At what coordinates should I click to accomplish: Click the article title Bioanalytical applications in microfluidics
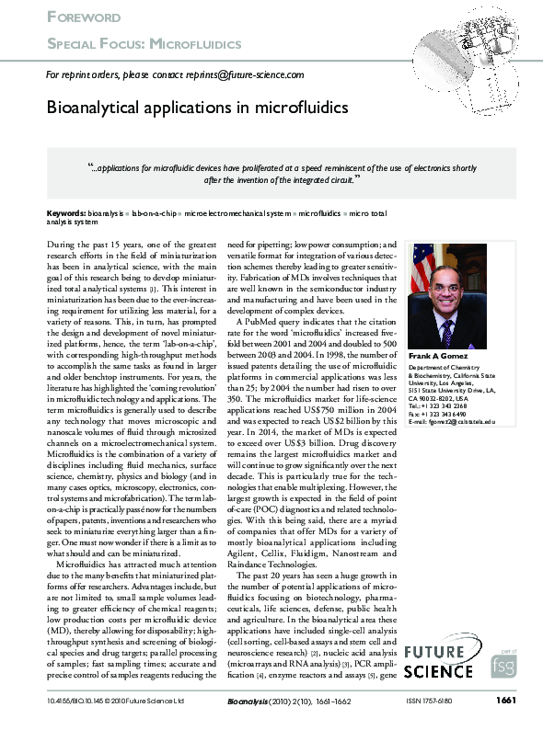click(x=198, y=108)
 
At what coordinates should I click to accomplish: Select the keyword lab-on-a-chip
click(x=154, y=212)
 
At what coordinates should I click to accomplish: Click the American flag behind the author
click(x=421, y=276)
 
